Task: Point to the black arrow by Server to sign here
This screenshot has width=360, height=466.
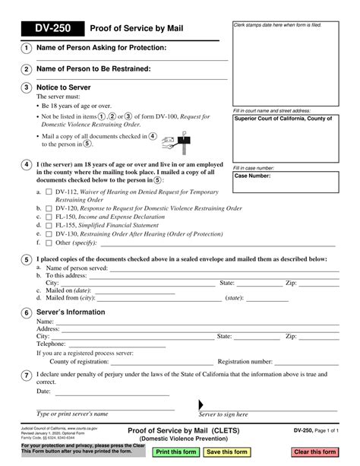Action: pos(201,404)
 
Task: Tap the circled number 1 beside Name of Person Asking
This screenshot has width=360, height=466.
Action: pos(27,49)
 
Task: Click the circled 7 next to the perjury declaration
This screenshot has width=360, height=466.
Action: pos(27,375)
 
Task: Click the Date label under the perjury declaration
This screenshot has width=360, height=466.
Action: pos(43,392)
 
